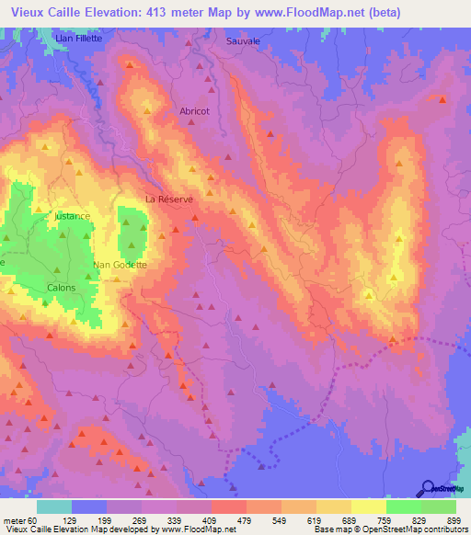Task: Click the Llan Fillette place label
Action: pos(77,40)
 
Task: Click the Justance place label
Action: pos(72,216)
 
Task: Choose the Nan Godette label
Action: pos(120,265)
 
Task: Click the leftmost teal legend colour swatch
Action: pos(53,507)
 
